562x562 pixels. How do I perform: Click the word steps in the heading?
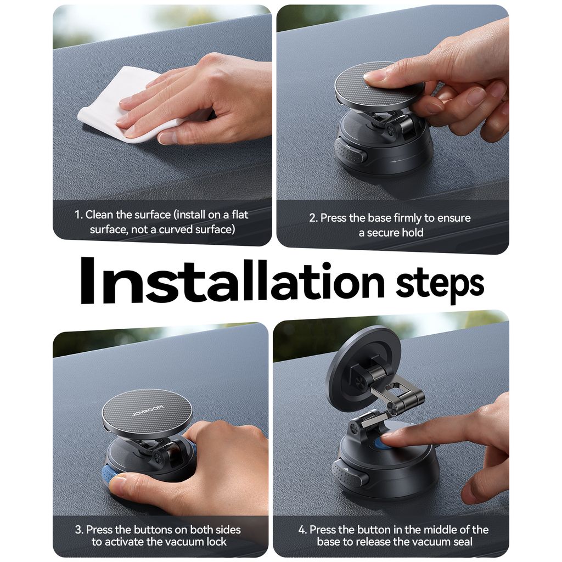click(440, 285)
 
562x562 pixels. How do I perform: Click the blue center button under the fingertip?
click(381, 443)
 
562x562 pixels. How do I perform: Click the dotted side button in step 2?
click(351, 151)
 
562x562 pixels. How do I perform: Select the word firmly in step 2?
click(407, 218)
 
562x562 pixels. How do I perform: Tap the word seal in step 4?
click(463, 542)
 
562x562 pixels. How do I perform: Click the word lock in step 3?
click(215, 542)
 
